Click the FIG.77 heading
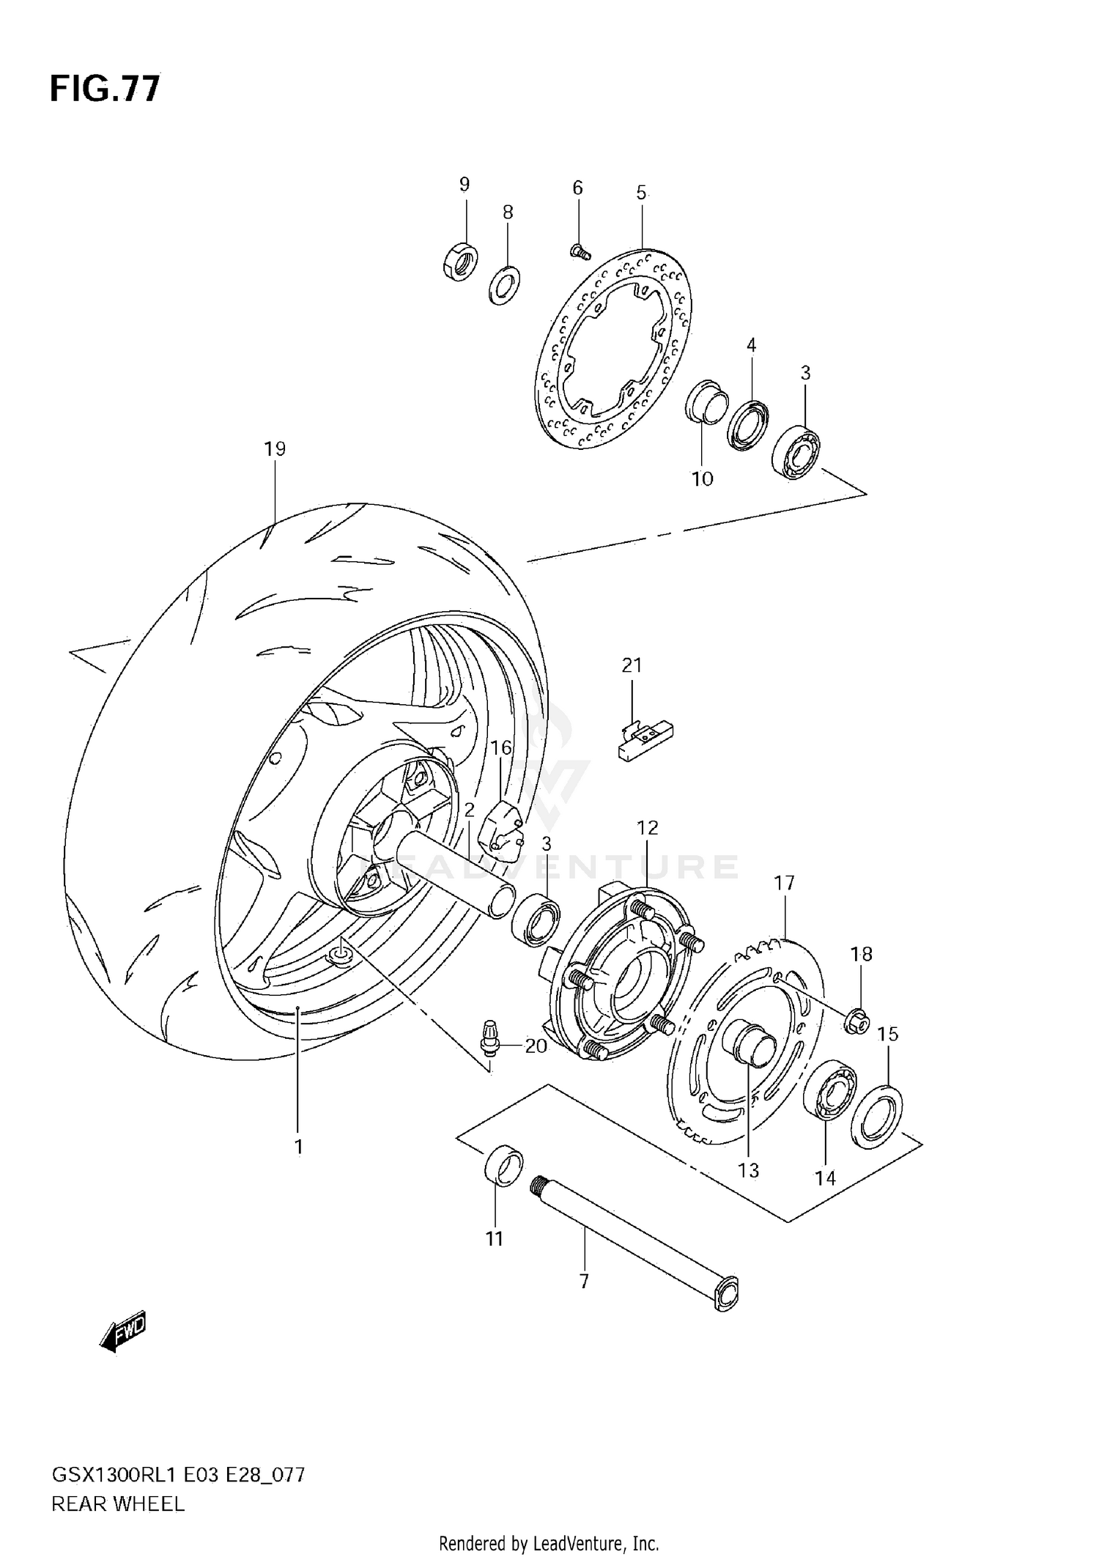click(x=105, y=89)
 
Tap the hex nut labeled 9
click(x=461, y=261)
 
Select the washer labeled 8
click(x=504, y=285)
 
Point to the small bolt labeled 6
click(x=580, y=252)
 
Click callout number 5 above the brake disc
click(x=641, y=193)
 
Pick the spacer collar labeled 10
click(x=706, y=400)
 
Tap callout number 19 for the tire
click(x=275, y=448)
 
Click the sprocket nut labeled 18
click(x=856, y=1021)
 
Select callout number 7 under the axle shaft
click(x=584, y=1282)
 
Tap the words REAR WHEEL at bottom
click(x=117, y=1504)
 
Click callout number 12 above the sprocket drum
click(x=647, y=828)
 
